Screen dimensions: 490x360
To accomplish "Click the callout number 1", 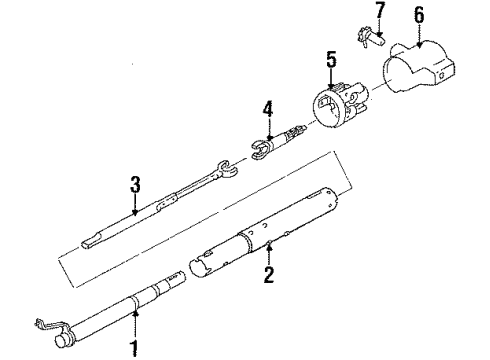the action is pos(135,348).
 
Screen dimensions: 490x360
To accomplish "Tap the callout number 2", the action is pos(269,275).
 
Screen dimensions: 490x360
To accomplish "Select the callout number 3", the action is pos(135,185).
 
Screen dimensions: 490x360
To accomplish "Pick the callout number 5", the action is pos(331,60).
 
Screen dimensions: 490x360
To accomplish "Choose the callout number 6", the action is pos(419,15).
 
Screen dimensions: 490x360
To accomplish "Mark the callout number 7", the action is pos(380,10).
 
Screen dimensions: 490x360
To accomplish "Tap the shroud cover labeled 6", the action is pos(419,67).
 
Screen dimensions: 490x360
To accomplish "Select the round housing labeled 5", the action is pos(340,104).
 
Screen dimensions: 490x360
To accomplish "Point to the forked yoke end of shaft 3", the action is pos(227,168).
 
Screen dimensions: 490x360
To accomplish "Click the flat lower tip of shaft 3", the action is pos(90,242).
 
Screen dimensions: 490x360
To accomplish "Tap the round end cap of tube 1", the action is pos(61,341).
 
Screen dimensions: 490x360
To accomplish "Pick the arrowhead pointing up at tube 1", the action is pos(135,313).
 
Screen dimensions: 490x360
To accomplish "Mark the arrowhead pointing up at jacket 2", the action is pos(269,247).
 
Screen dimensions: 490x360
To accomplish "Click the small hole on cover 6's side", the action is pos(442,75).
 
